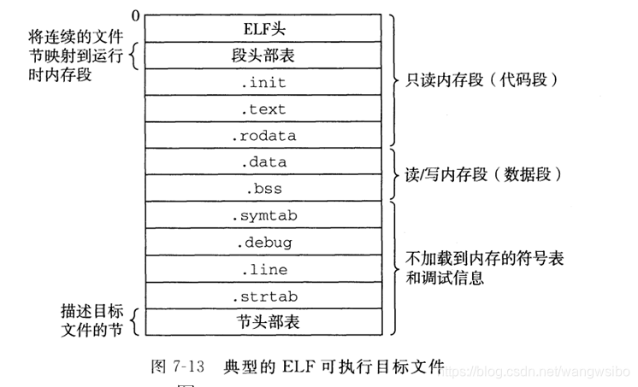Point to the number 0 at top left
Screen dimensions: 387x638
click(x=135, y=15)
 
